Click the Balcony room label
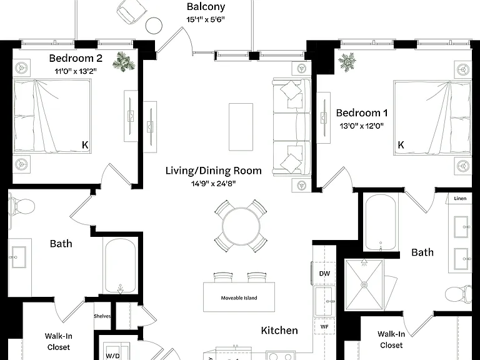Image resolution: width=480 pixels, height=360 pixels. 206,6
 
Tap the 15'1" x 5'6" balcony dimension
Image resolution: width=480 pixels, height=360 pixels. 206,19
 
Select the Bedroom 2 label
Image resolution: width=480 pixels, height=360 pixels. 76,58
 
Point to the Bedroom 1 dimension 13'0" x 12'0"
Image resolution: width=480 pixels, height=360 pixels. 361,126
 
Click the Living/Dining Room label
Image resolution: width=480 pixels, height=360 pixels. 213,171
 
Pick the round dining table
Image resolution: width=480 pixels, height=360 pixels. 241,226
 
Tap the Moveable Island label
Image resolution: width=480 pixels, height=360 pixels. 239,298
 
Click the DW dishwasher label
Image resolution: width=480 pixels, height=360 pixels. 324,273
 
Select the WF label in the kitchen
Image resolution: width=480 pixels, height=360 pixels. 324,327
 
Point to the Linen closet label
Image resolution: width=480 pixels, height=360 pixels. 460,198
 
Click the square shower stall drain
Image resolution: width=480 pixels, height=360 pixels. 364,285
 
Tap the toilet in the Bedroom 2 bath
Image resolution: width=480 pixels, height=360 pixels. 22,207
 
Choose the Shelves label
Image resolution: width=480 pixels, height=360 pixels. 102,316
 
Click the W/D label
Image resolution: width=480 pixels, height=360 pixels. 112,356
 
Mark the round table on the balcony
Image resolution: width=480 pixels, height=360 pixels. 154,26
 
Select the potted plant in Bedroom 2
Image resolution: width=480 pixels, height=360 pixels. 124,62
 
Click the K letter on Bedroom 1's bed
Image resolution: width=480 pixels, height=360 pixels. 401,145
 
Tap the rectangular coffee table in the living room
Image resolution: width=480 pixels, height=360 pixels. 241,127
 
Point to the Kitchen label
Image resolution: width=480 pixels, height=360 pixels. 279,330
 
